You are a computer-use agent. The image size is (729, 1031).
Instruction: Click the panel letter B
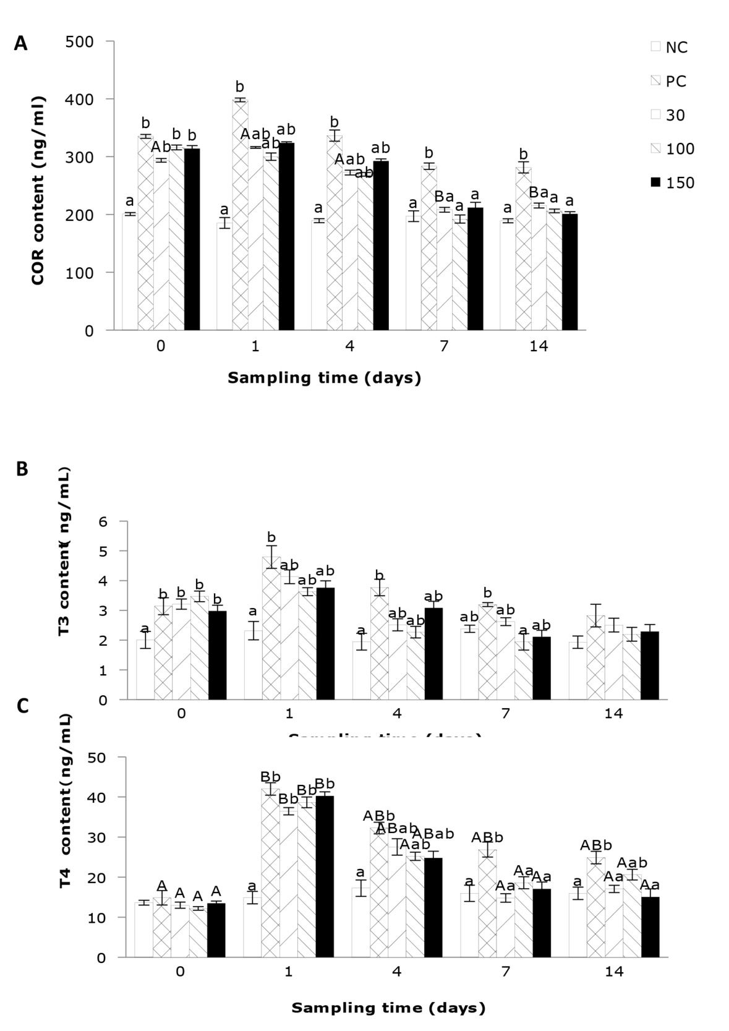[x=22, y=469]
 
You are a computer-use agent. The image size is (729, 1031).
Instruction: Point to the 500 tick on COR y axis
[x=80, y=41]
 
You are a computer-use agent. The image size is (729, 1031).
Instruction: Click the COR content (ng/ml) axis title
[x=38, y=190]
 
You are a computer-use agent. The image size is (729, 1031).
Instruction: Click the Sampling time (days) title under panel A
[x=324, y=378]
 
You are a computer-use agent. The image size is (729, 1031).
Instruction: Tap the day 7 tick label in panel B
[x=505, y=713]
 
